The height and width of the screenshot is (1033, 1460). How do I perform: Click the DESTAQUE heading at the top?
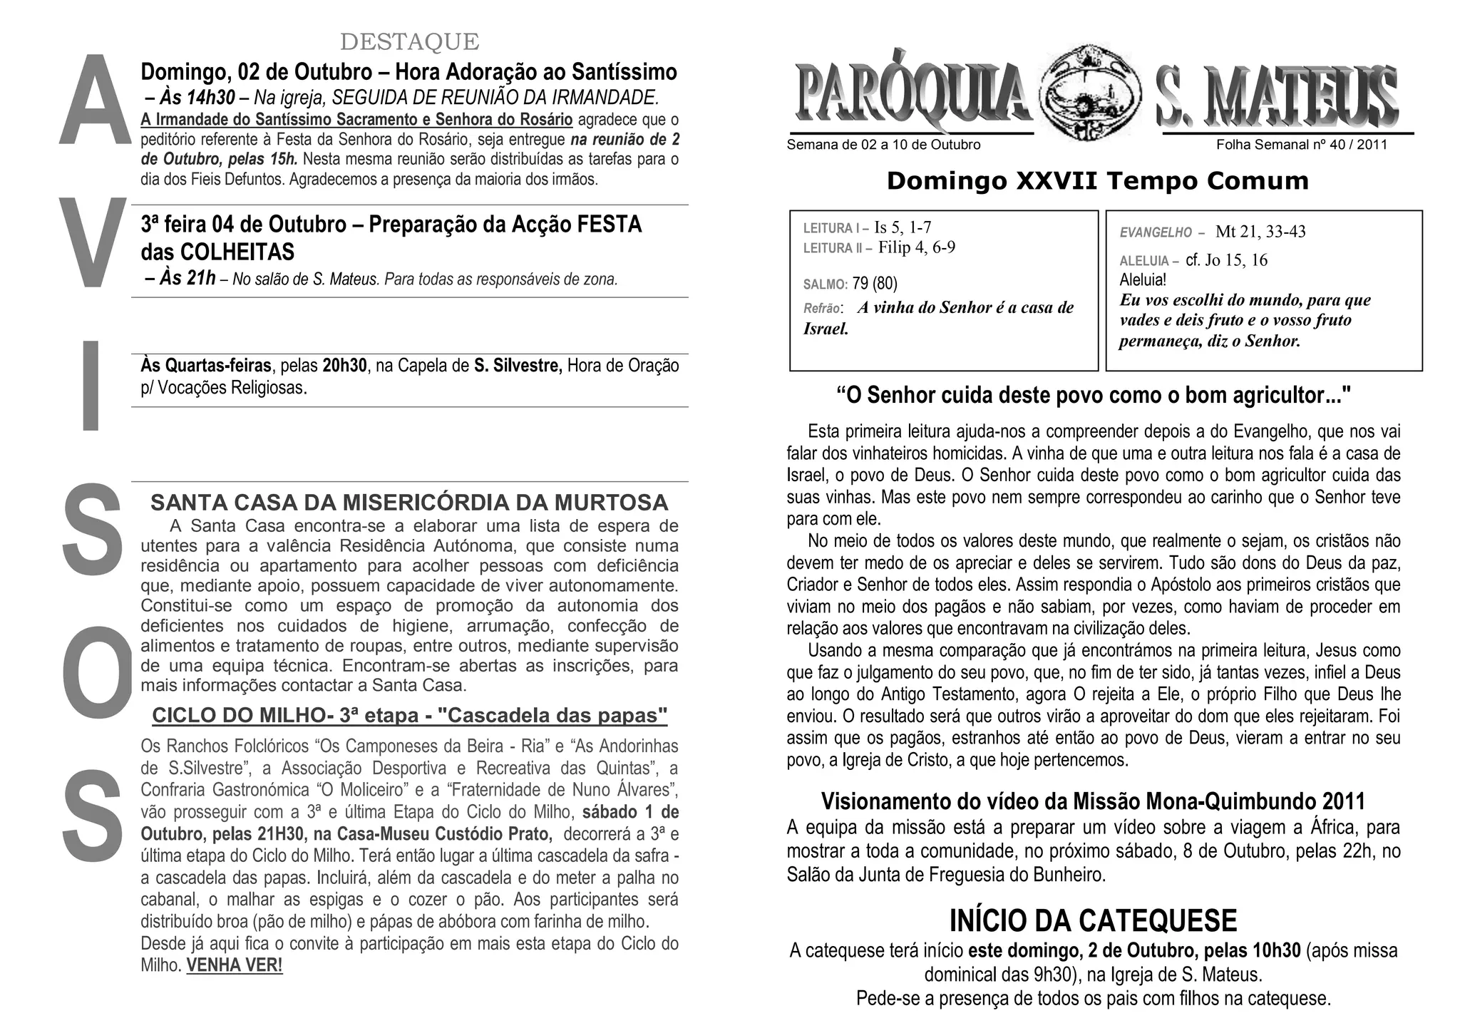pyautogui.click(x=409, y=42)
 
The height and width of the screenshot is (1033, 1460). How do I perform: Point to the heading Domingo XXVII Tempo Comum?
pyautogui.click(x=1097, y=181)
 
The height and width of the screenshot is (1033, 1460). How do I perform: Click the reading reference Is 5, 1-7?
pyautogui.click(x=903, y=227)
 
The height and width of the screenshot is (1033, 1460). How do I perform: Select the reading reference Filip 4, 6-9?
pyautogui.click(x=917, y=247)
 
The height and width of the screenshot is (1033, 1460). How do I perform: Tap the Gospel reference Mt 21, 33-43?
pyautogui.click(x=1260, y=232)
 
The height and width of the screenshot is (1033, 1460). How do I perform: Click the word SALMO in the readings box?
pyautogui.click(x=825, y=285)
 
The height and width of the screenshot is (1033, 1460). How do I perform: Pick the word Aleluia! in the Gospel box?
pyautogui.click(x=1143, y=280)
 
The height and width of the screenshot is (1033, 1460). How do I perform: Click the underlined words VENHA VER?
pyautogui.click(x=235, y=966)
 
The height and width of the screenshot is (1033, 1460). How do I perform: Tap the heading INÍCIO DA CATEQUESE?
pyautogui.click(x=1093, y=920)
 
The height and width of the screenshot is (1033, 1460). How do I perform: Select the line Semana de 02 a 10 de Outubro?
pyautogui.click(x=883, y=145)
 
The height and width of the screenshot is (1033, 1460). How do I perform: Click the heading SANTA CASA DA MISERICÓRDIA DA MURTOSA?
pyautogui.click(x=409, y=503)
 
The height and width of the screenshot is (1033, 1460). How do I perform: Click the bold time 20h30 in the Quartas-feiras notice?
pyautogui.click(x=344, y=366)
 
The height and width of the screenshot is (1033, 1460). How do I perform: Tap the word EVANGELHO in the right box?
pyautogui.click(x=1156, y=232)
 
